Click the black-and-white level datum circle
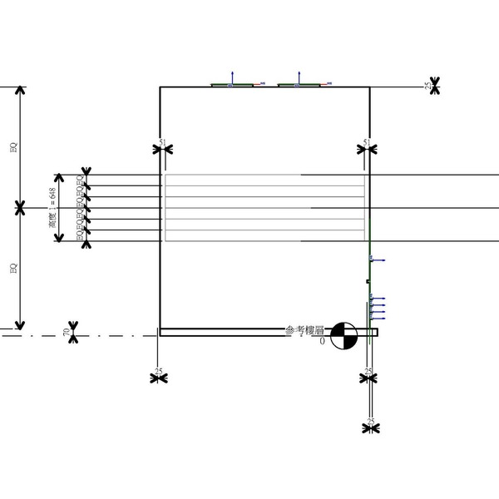(343, 336)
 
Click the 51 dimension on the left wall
(162, 143)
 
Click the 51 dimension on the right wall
(367, 143)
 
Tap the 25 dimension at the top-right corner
(428, 85)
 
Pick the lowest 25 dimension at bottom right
(370, 420)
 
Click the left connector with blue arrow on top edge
(232, 82)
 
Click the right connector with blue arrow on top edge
(297, 82)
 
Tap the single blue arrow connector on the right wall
(375, 260)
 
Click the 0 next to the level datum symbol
(322, 340)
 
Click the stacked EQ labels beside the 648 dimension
(80, 208)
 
